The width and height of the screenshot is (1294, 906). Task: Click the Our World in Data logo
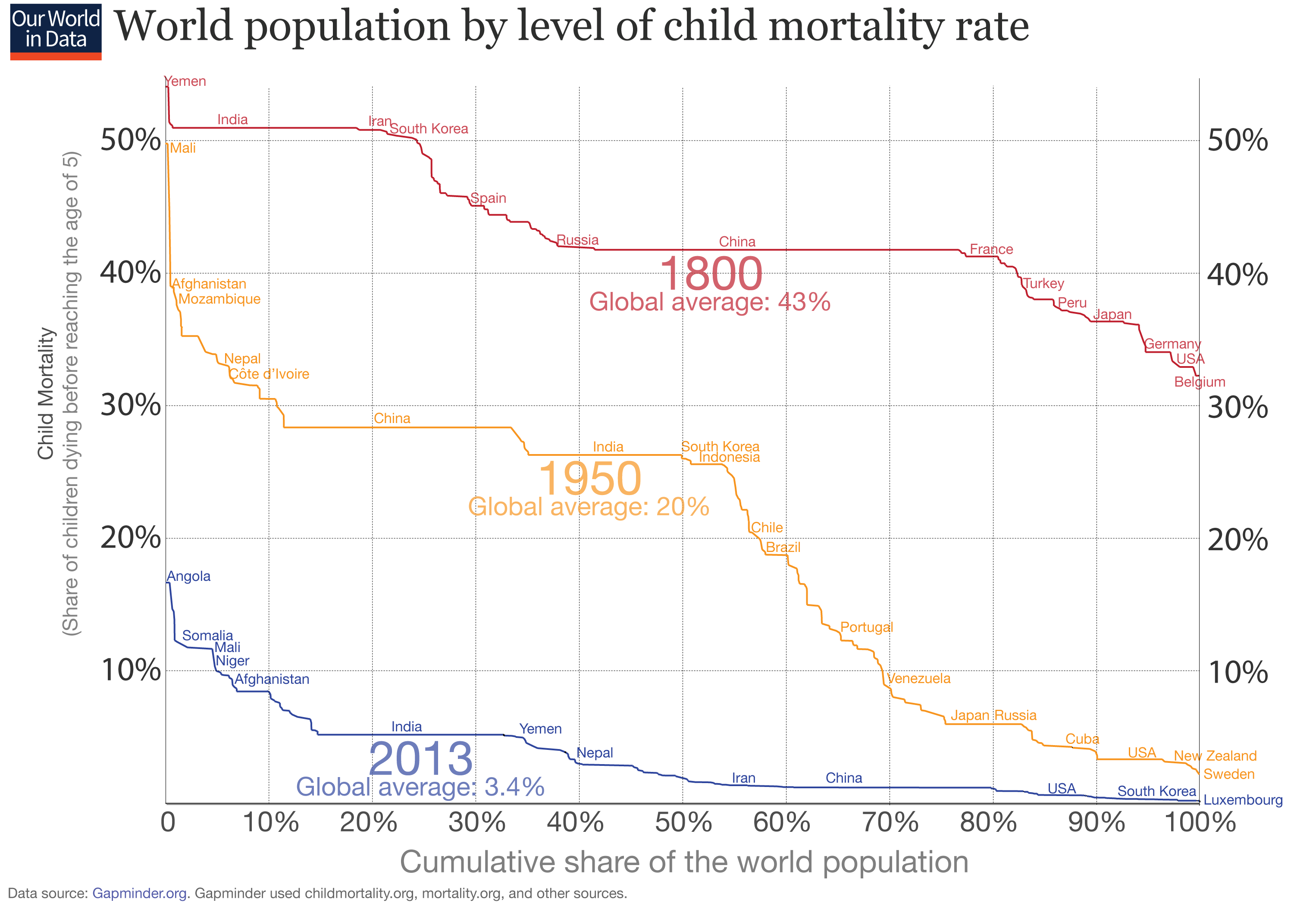56,31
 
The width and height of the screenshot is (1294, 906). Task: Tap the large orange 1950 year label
589,479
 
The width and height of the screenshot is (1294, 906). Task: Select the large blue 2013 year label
420,759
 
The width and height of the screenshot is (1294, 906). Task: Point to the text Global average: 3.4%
420,787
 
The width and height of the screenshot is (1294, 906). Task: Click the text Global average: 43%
710,302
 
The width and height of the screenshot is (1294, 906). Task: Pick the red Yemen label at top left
185,81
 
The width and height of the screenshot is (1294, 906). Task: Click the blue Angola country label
189,576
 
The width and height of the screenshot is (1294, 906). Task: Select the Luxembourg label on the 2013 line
1243,800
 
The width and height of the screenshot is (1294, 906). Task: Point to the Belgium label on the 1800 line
1199,382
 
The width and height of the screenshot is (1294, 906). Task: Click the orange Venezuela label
919,678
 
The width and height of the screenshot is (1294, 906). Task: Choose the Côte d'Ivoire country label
269,374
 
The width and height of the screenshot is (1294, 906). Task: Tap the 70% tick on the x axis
890,823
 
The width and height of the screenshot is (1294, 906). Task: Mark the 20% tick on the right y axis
1238,539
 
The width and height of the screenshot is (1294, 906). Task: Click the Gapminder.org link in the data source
139,893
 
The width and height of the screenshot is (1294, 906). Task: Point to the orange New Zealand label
1215,756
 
